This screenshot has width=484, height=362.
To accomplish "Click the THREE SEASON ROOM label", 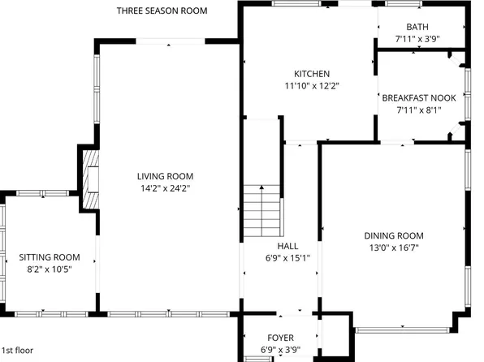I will coord(162,11).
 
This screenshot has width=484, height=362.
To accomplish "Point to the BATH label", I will coord(418,27).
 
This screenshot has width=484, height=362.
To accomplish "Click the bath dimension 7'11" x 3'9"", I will coord(418,38).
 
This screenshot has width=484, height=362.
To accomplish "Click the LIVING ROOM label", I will coord(165,176).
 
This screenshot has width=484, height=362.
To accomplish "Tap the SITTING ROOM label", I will coord(50,257).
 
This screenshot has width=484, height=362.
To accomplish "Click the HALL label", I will coord(287,246).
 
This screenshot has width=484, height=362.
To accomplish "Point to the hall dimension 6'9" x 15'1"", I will coord(287,257).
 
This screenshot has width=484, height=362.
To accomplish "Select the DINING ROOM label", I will coord(394,235).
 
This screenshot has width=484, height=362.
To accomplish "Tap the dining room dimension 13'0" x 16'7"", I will coord(394,247).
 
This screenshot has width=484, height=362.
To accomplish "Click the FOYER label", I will coord(280,338).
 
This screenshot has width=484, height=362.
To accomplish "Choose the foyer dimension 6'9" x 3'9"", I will coord(280,349).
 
